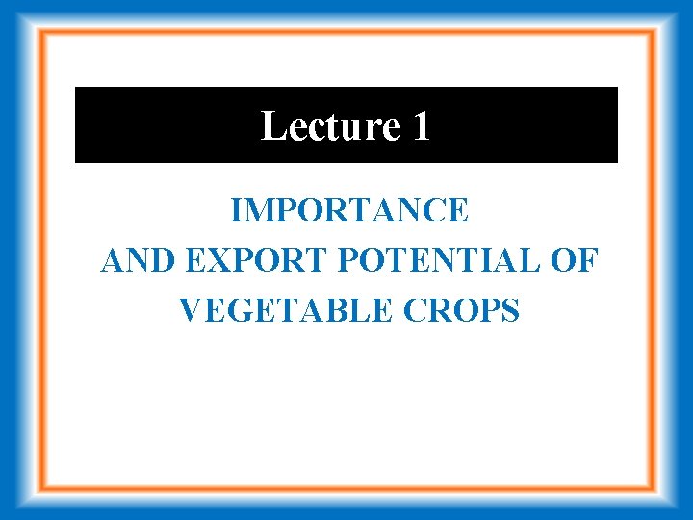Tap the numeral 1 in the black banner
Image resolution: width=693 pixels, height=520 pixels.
coord(421,126)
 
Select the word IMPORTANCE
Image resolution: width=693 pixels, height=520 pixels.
coord(349,211)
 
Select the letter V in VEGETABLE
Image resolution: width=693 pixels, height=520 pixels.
coord(191,311)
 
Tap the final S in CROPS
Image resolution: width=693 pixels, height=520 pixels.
coord(510,311)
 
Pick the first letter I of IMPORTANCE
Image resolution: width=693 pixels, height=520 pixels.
coord(237,211)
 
